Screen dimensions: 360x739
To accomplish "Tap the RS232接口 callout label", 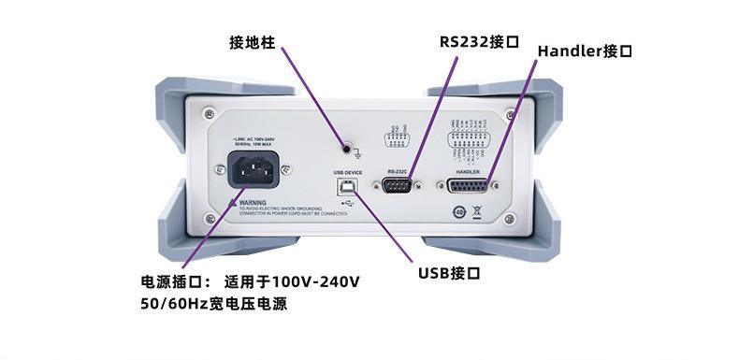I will click(x=479, y=41).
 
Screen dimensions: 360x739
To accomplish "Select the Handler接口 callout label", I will click(x=585, y=51).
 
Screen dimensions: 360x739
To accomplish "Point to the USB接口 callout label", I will click(x=449, y=273).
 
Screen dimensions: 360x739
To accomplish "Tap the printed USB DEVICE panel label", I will click(x=347, y=173).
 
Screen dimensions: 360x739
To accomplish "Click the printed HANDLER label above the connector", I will click(x=468, y=173).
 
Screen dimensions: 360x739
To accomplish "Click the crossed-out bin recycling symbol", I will click(x=476, y=210).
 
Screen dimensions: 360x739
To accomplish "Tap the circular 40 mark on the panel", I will click(x=458, y=210).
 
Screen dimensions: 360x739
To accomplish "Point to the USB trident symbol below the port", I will click(x=348, y=203).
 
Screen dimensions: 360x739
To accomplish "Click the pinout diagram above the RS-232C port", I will click(x=397, y=139).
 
